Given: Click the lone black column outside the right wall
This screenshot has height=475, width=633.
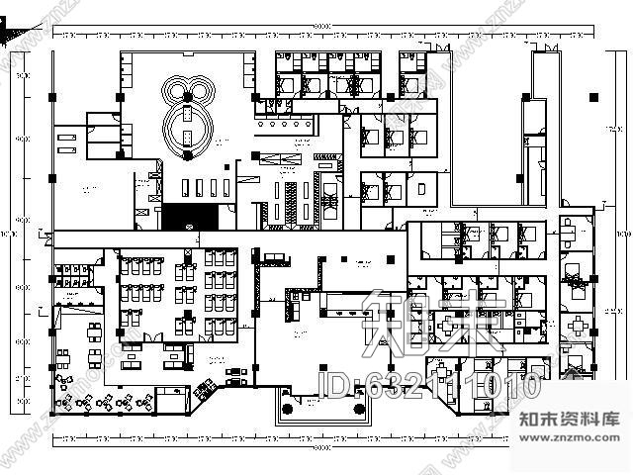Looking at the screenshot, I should [590, 97].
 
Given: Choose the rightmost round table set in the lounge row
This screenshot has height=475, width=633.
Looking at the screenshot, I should [145, 401].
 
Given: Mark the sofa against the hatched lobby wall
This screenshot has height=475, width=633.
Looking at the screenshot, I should [273, 259].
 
